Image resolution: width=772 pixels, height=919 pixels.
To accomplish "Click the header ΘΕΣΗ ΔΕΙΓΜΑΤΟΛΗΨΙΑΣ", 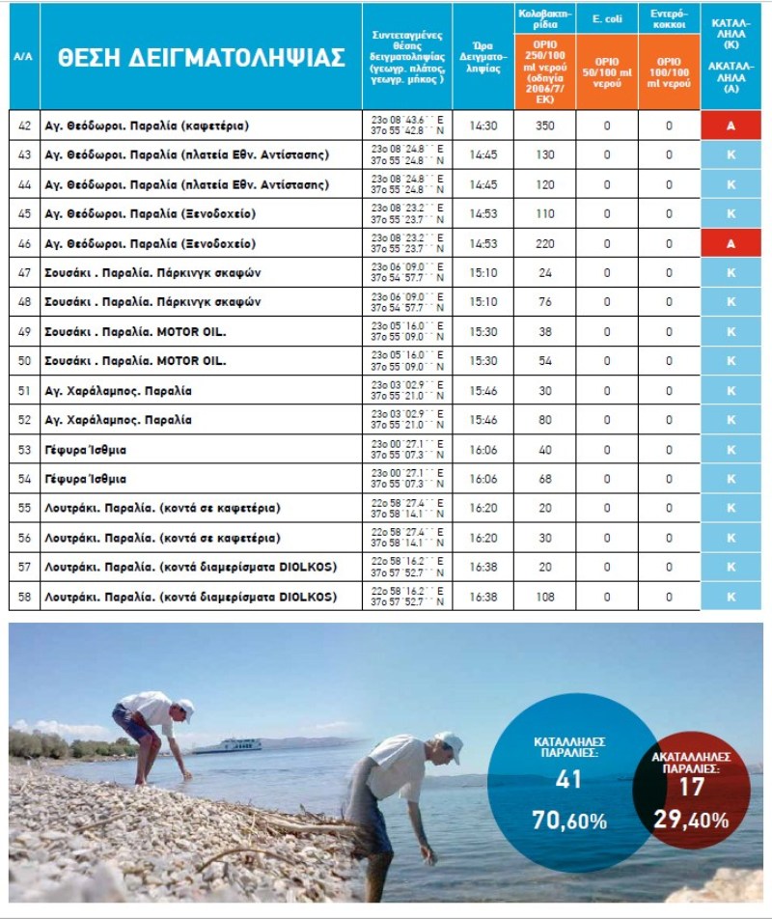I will (201, 57).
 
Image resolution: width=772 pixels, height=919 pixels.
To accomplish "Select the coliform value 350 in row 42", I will (545, 125).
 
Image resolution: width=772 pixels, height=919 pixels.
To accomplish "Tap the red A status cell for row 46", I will (731, 243).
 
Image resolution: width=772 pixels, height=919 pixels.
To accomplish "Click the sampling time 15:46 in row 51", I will (482, 391).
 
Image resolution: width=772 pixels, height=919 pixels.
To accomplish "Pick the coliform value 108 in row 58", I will (545, 597).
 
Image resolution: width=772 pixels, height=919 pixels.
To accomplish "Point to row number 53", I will (25, 450).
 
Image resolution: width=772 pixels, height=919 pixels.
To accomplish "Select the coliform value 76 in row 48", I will (545, 302).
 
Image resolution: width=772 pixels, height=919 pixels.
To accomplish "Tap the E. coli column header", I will (607, 17).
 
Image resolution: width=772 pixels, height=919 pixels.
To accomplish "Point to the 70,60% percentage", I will (568, 822).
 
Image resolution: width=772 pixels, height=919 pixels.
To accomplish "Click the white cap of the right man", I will (449, 741).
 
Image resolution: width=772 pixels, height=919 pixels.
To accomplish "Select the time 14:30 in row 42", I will (482, 125).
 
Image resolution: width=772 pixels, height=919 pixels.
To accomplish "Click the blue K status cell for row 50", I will (731, 361).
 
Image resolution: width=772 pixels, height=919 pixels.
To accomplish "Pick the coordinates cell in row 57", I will (406, 568).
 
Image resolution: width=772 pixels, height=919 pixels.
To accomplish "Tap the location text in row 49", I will (135, 332).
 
